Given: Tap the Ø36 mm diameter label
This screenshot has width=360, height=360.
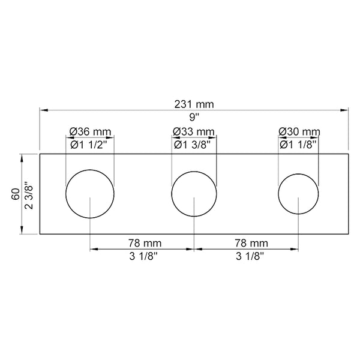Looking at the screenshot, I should click(89, 131).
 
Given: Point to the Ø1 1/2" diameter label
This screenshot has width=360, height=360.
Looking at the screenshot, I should click(91, 145).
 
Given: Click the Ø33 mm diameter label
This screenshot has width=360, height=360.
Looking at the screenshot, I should click(194, 131).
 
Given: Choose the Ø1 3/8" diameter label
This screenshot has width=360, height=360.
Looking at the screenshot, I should click(194, 145).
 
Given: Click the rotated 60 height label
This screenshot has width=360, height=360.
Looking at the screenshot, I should click(13, 194).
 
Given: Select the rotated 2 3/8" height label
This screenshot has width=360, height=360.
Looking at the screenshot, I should click(27, 194).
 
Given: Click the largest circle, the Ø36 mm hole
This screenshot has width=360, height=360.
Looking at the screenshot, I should click(89, 194).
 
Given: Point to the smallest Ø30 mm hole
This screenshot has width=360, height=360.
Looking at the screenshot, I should click(298, 194).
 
